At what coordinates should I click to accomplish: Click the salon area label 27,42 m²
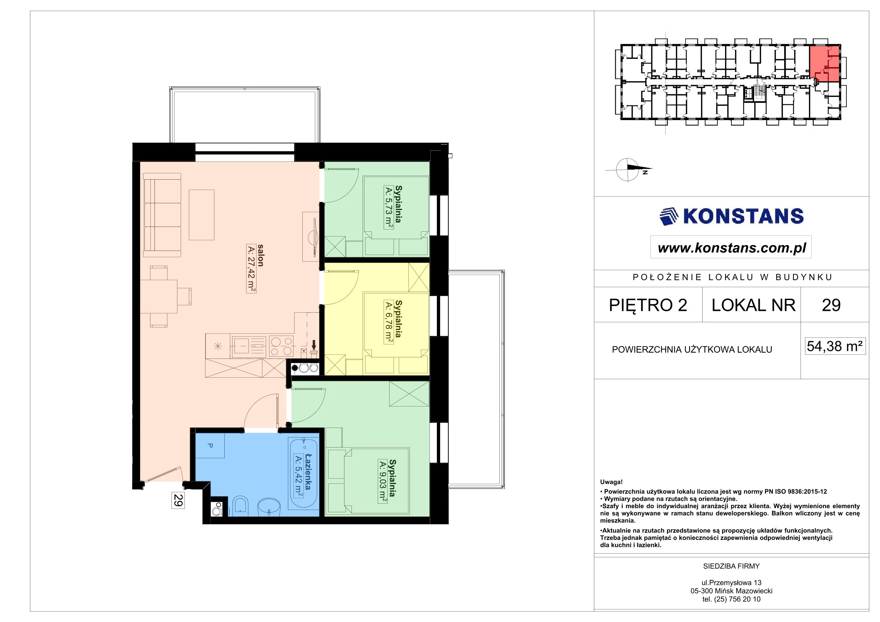tap(251, 269)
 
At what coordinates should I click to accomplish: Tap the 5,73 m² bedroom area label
tap(389, 207)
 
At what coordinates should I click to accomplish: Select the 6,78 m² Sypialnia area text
tap(389, 322)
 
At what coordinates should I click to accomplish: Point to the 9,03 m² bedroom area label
tap(383, 481)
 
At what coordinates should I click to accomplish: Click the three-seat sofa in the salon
tap(162, 215)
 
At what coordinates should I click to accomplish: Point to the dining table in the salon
tap(159, 297)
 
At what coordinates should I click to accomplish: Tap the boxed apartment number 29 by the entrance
tap(178, 500)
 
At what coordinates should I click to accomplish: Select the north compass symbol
tap(629, 169)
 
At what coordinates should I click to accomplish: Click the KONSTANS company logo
tap(731, 217)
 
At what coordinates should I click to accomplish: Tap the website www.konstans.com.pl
tap(732, 248)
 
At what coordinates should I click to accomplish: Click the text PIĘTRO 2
tap(648, 305)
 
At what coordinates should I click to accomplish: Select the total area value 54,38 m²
tap(835, 346)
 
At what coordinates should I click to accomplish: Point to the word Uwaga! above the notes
tap(611, 482)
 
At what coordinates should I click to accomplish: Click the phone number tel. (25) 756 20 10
tap(731, 599)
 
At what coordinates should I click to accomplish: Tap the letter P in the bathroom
tap(210, 445)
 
